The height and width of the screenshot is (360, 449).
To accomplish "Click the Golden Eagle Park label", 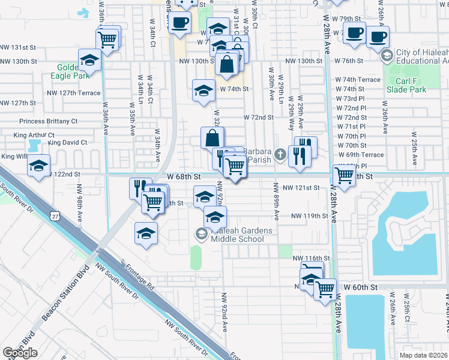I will (x=73, y=71).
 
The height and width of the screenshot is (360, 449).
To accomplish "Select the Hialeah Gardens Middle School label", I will (x=237, y=235).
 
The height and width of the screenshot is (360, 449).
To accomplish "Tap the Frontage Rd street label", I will (x=139, y=277).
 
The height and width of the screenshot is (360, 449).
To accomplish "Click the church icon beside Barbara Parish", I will (x=279, y=156).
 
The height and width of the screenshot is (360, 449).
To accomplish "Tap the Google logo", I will (x=20, y=353).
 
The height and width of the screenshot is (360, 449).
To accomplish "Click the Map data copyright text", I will (x=423, y=355).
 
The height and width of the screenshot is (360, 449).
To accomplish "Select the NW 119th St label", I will (x=310, y=215).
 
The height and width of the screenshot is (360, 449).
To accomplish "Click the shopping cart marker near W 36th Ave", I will (x=107, y=40).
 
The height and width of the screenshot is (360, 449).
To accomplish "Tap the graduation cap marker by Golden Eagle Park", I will (x=89, y=61).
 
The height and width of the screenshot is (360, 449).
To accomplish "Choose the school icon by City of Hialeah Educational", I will (x=387, y=55).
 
